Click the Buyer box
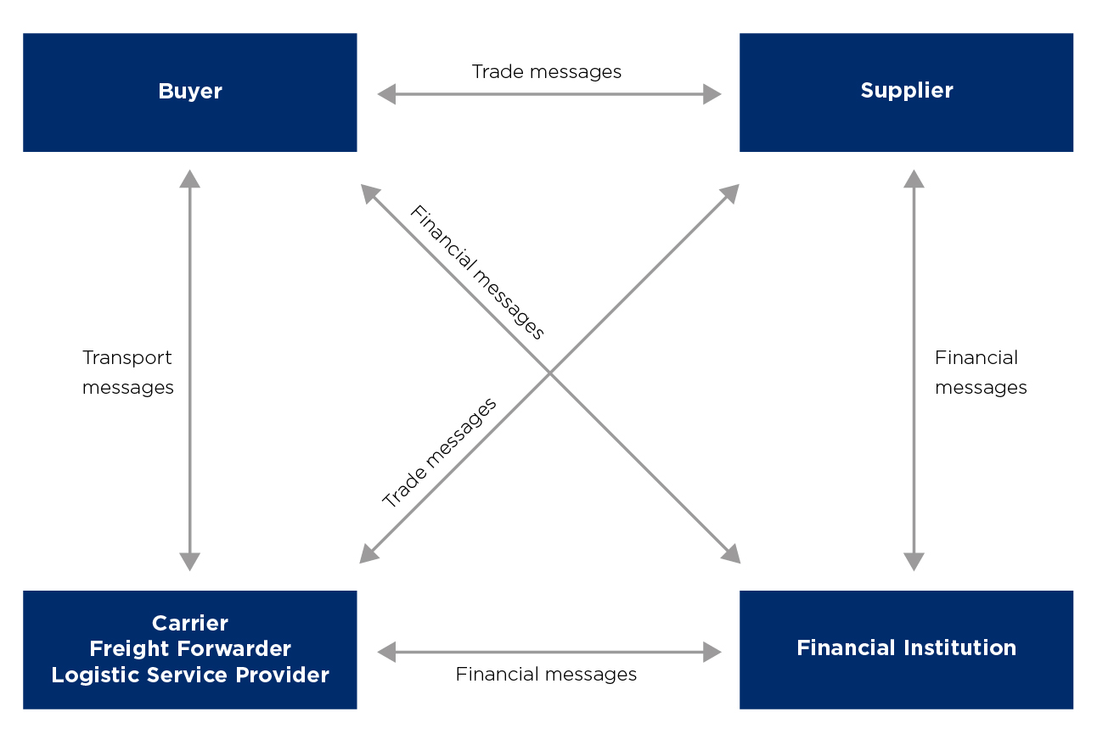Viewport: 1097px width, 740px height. point(190,92)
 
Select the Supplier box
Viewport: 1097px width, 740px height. point(906,92)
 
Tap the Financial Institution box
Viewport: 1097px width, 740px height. point(906,650)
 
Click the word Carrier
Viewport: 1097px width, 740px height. point(190,623)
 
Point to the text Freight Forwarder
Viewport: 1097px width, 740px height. point(190,648)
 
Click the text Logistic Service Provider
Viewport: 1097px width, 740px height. point(190,675)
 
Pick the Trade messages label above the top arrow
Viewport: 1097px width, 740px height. point(547,72)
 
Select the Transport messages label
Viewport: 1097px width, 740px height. point(128,372)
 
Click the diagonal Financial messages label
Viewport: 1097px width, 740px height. point(477,272)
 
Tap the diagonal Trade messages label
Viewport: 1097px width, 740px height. point(439,452)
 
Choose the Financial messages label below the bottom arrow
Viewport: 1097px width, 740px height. point(546,675)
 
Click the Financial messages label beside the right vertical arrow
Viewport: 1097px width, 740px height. point(981,372)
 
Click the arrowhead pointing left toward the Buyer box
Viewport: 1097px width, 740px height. point(386,94)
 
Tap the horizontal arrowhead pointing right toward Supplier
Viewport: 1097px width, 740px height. point(712,94)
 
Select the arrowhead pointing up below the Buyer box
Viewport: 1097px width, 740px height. point(189,179)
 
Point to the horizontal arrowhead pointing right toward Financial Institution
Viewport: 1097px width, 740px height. point(712,652)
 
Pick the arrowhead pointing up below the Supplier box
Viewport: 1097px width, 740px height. point(914,179)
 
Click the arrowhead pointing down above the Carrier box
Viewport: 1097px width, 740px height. point(189,562)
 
